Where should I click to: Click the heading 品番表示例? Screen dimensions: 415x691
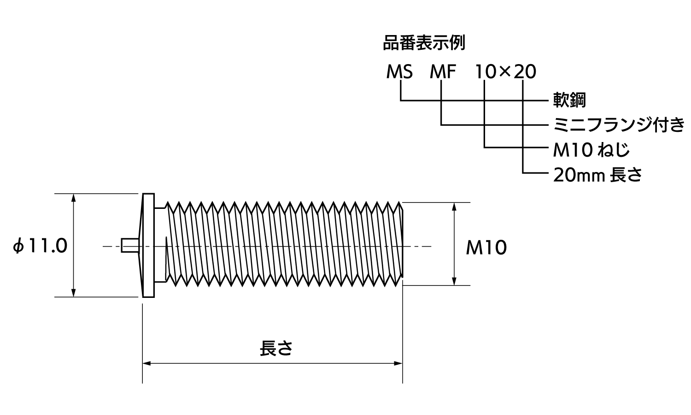[424, 43]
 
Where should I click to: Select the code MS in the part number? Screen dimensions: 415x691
[399, 72]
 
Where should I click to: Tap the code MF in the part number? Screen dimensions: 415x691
[443, 72]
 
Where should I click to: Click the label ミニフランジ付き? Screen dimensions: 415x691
[619, 125]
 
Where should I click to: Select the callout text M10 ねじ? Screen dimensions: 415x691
[591, 150]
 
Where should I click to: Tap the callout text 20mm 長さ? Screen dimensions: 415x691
[597, 175]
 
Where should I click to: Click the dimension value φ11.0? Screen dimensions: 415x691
[41, 246]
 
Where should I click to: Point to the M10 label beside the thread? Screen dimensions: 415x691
[486, 248]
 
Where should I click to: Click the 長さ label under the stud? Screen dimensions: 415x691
[276, 348]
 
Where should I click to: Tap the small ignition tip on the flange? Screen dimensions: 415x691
[129, 245]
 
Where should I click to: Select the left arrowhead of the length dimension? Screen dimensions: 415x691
[146, 363]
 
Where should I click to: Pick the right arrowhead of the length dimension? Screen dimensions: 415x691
[398, 363]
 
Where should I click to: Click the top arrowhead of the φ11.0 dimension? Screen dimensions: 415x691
[74, 198]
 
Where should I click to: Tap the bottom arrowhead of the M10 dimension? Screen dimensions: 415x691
[454, 281]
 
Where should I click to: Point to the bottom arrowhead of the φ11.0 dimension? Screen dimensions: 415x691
[74, 293]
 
